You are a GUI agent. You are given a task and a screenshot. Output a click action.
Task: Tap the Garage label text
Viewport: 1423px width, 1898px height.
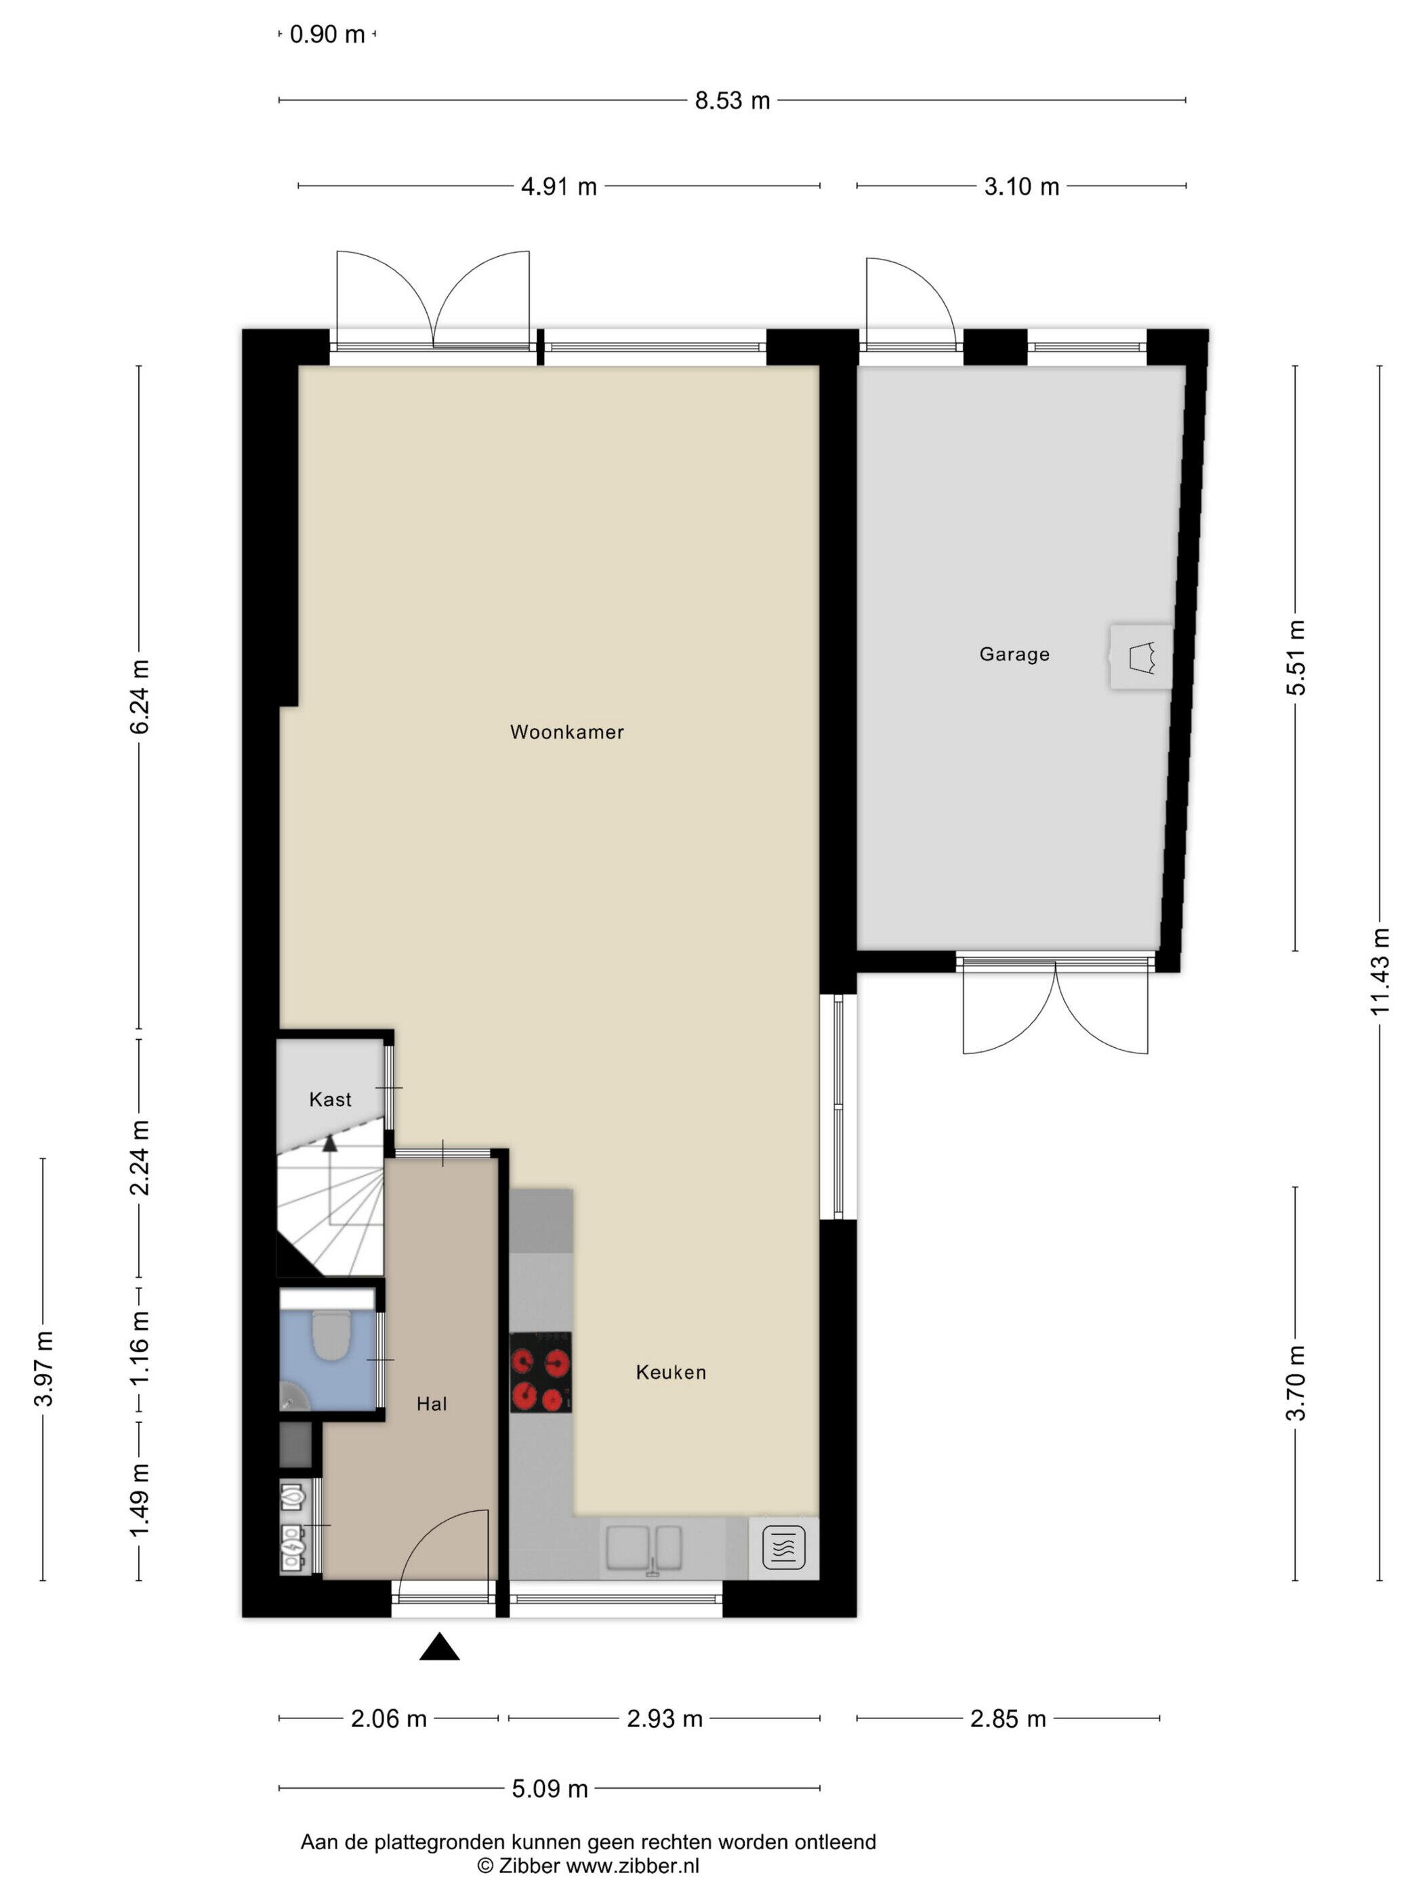(1014, 654)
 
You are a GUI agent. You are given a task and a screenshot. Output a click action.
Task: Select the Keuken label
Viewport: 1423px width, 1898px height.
(671, 1372)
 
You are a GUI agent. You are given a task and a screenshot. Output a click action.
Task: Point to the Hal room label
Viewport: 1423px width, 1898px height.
(432, 1404)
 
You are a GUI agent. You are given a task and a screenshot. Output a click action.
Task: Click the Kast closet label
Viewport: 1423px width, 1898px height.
(330, 1099)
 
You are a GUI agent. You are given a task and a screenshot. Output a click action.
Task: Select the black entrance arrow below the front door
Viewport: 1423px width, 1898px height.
(439, 1647)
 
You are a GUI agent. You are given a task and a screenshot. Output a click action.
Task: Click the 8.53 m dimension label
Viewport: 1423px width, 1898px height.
(732, 100)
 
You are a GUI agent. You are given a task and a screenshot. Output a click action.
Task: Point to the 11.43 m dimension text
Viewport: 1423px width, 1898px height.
(1379, 971)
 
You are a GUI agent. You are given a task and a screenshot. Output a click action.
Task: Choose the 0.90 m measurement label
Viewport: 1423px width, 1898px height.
(327, 35)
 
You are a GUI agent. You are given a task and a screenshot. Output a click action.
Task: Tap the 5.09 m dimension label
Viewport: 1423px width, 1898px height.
(550, 1789)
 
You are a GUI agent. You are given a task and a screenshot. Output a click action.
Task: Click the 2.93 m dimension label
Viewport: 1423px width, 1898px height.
(665, 1718)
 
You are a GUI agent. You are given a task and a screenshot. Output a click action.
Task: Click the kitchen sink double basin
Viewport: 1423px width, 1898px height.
(644, 1549)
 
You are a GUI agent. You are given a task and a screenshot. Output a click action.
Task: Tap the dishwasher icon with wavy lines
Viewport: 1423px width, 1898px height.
(783, 1548)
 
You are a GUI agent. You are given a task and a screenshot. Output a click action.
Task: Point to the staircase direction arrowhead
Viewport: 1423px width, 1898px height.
(329, 1142)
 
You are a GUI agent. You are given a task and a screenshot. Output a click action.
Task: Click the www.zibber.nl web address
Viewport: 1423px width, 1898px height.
(632, 1865)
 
